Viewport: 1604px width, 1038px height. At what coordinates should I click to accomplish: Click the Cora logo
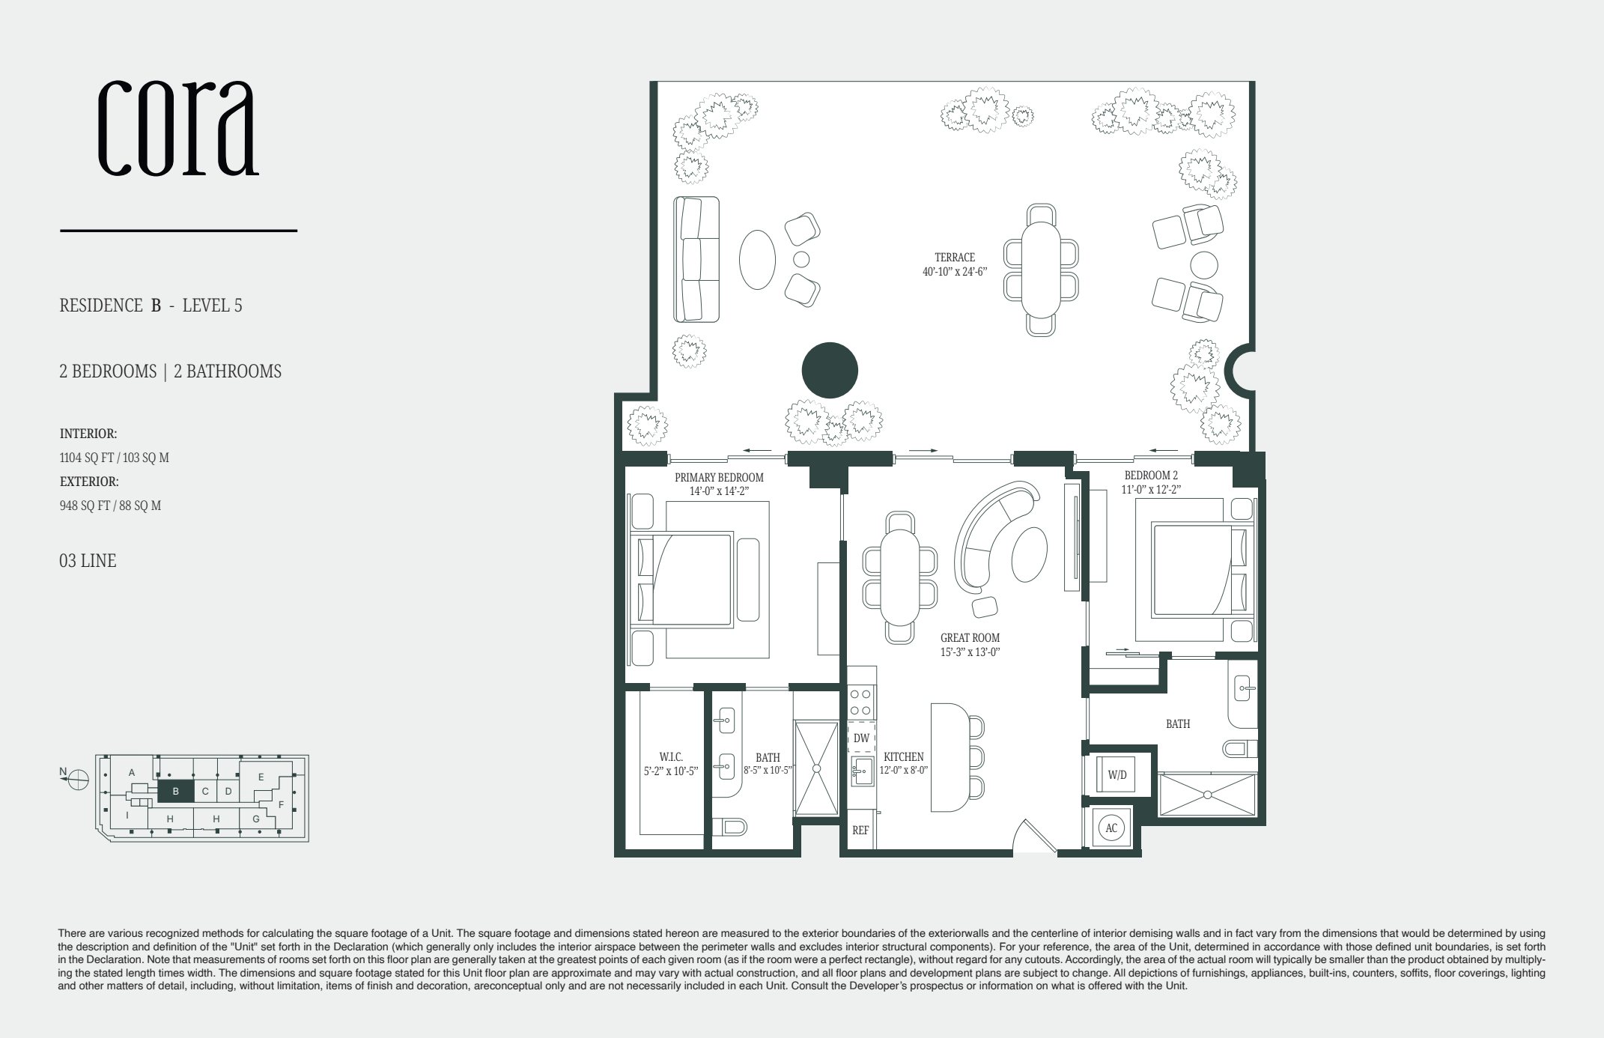tap(178, 127)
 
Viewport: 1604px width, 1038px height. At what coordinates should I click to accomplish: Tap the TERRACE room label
tap(955, 258)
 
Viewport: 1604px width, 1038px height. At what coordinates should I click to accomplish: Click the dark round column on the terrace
tap(830, 370)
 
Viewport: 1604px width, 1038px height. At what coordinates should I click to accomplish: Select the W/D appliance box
tap(1117, 775)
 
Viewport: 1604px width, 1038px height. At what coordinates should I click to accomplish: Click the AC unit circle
tap(1111, 828)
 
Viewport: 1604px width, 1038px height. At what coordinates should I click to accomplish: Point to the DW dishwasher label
tap(861, 738)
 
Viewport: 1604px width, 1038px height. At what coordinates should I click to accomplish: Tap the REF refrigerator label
tap(860, 831)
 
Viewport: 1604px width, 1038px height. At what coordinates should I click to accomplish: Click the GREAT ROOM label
tap(970, 638)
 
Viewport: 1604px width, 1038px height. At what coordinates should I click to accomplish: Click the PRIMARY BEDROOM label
tap(719, 478)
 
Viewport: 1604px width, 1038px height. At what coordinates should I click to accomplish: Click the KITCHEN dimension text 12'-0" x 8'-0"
tap(903, 770)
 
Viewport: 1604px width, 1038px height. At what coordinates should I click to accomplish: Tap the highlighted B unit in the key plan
tap(175, 791)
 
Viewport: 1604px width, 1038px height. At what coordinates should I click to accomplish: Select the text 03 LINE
tap(88, 561)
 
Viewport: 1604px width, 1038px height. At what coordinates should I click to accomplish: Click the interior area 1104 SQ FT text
tap(114, 458)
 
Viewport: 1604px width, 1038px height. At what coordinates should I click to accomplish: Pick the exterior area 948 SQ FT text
tap(110, 506)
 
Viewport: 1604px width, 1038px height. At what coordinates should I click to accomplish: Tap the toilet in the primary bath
tap(733, 826)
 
